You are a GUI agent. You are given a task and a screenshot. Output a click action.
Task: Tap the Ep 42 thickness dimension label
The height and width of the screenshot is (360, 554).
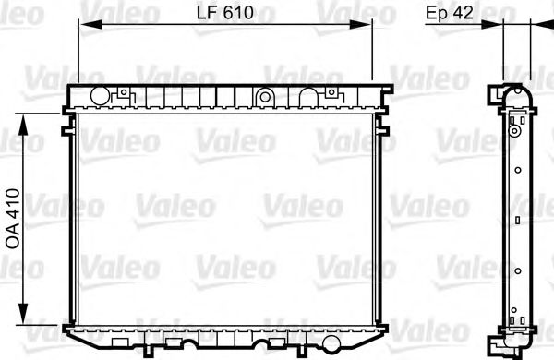point(450,12)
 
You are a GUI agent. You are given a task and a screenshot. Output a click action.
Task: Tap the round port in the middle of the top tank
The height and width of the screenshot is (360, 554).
point(265,95)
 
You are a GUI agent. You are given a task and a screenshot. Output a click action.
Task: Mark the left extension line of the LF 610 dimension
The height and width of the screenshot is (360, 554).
point(78,55)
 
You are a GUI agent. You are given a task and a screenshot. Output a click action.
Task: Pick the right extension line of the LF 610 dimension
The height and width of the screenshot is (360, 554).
point(372,55)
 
